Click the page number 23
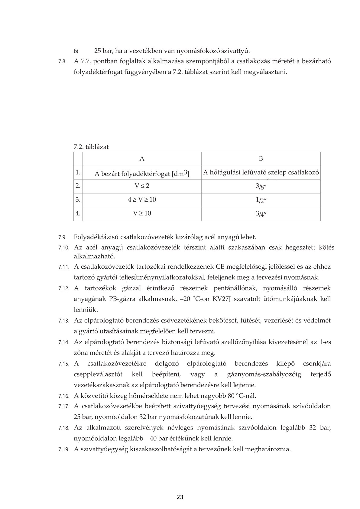point(180,497)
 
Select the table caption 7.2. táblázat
point(91,147)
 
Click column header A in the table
point(142,159)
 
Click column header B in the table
point(261,159)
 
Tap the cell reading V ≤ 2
point(142,186)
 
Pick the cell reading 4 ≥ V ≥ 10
point(142,200)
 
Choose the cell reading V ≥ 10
point(142,213)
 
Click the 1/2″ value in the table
point(261,200)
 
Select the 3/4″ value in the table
point(261,214)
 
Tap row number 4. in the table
point(78,213)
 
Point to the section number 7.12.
point(64,289)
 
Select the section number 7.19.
point(64,449)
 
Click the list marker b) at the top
point(76,51)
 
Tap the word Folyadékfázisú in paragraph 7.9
point(94,237)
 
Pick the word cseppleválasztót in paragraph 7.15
point(98,374)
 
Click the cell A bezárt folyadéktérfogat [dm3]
point(142,173)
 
